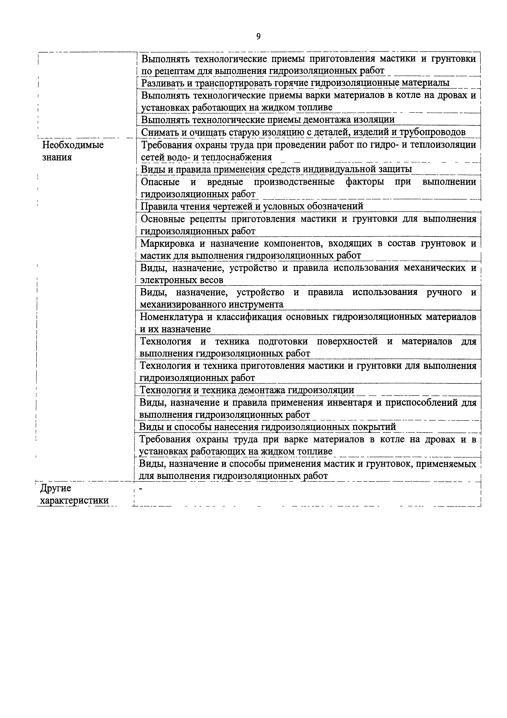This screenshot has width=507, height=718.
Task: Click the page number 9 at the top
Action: pyautogui.click(x=258, y=37)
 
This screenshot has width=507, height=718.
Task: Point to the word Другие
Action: pyautogui.click(x=56, y=488)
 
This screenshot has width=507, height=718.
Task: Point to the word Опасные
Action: pyautogui.click(x=160, y=182)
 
